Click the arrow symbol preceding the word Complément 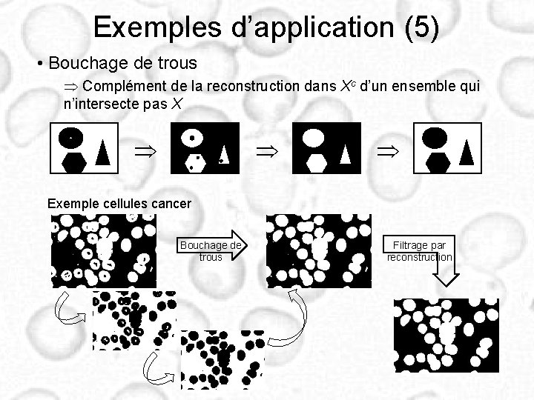click(73, 87)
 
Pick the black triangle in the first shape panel click(103, 151)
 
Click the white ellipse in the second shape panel click(193, 137)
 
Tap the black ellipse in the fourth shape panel click(435, 136)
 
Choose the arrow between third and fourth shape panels click(386, 152)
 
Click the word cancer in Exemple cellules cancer click(168, 203)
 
